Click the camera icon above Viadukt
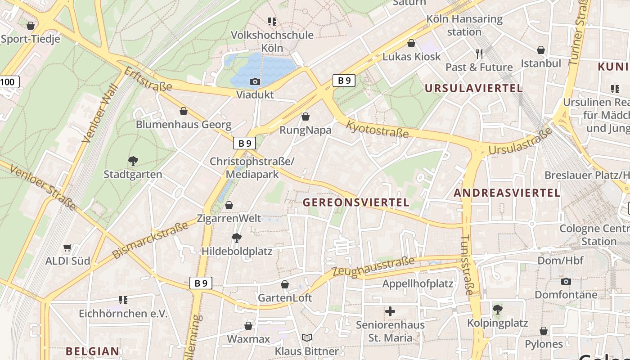point(255,81)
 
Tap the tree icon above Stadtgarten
point(133,161)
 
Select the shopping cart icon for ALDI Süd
point(67,247)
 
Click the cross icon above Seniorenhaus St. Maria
point(390,311)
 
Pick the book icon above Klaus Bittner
point(307,337)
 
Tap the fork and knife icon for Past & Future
point(479,54)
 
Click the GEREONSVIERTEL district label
point(356,202)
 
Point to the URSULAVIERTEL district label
point(474,88)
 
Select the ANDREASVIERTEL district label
point(507,193)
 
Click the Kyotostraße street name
point(377,129)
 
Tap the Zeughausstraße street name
point(373,267)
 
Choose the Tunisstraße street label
point(468,265)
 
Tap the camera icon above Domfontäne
point(566,282)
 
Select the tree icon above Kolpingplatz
point(497,310)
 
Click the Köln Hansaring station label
point(464,26)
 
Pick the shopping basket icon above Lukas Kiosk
point(411,43)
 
